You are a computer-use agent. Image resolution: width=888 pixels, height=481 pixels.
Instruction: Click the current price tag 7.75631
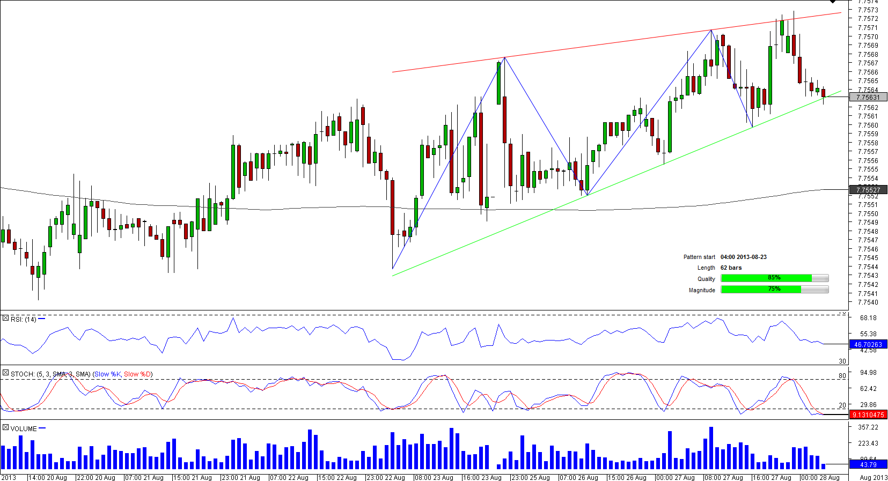[868, 97]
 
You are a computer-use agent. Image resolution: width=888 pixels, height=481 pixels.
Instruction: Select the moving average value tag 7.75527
[868, 190]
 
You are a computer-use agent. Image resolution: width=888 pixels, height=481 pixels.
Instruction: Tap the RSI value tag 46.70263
[868, 344]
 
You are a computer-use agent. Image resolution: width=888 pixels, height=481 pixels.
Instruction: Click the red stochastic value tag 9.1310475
[868, 415]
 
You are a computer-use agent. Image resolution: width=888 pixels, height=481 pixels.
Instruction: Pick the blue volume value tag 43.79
[868, 464]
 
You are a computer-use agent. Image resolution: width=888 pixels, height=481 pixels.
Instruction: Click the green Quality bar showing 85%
[766, 278]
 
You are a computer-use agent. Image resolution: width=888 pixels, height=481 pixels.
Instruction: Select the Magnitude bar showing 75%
[761, 289]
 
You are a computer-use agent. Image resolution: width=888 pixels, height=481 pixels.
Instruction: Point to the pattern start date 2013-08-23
[743, 257]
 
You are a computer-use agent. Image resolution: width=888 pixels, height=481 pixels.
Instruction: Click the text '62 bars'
[731, 268]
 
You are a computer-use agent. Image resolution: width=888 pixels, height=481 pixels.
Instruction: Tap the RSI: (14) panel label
[23, 319]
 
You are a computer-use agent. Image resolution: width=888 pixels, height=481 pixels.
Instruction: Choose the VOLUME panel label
[24, 428]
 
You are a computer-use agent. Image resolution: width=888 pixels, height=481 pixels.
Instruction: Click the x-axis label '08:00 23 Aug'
[434, 477]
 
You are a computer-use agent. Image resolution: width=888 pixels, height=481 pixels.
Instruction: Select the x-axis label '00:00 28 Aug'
[820, 477]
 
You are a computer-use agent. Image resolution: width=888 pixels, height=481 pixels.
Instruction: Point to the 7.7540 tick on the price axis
[868, 302]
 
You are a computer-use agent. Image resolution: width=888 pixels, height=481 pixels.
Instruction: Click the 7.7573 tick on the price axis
[868, 10]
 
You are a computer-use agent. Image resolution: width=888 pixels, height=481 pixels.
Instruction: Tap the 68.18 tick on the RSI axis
[868, 318]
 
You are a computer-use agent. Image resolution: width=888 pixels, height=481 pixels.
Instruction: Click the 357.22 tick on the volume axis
[868, 427]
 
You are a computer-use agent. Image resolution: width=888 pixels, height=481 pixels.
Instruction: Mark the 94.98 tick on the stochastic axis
[868, 373]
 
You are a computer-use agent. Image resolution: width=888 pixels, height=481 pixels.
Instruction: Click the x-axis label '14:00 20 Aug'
[47, 477]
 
